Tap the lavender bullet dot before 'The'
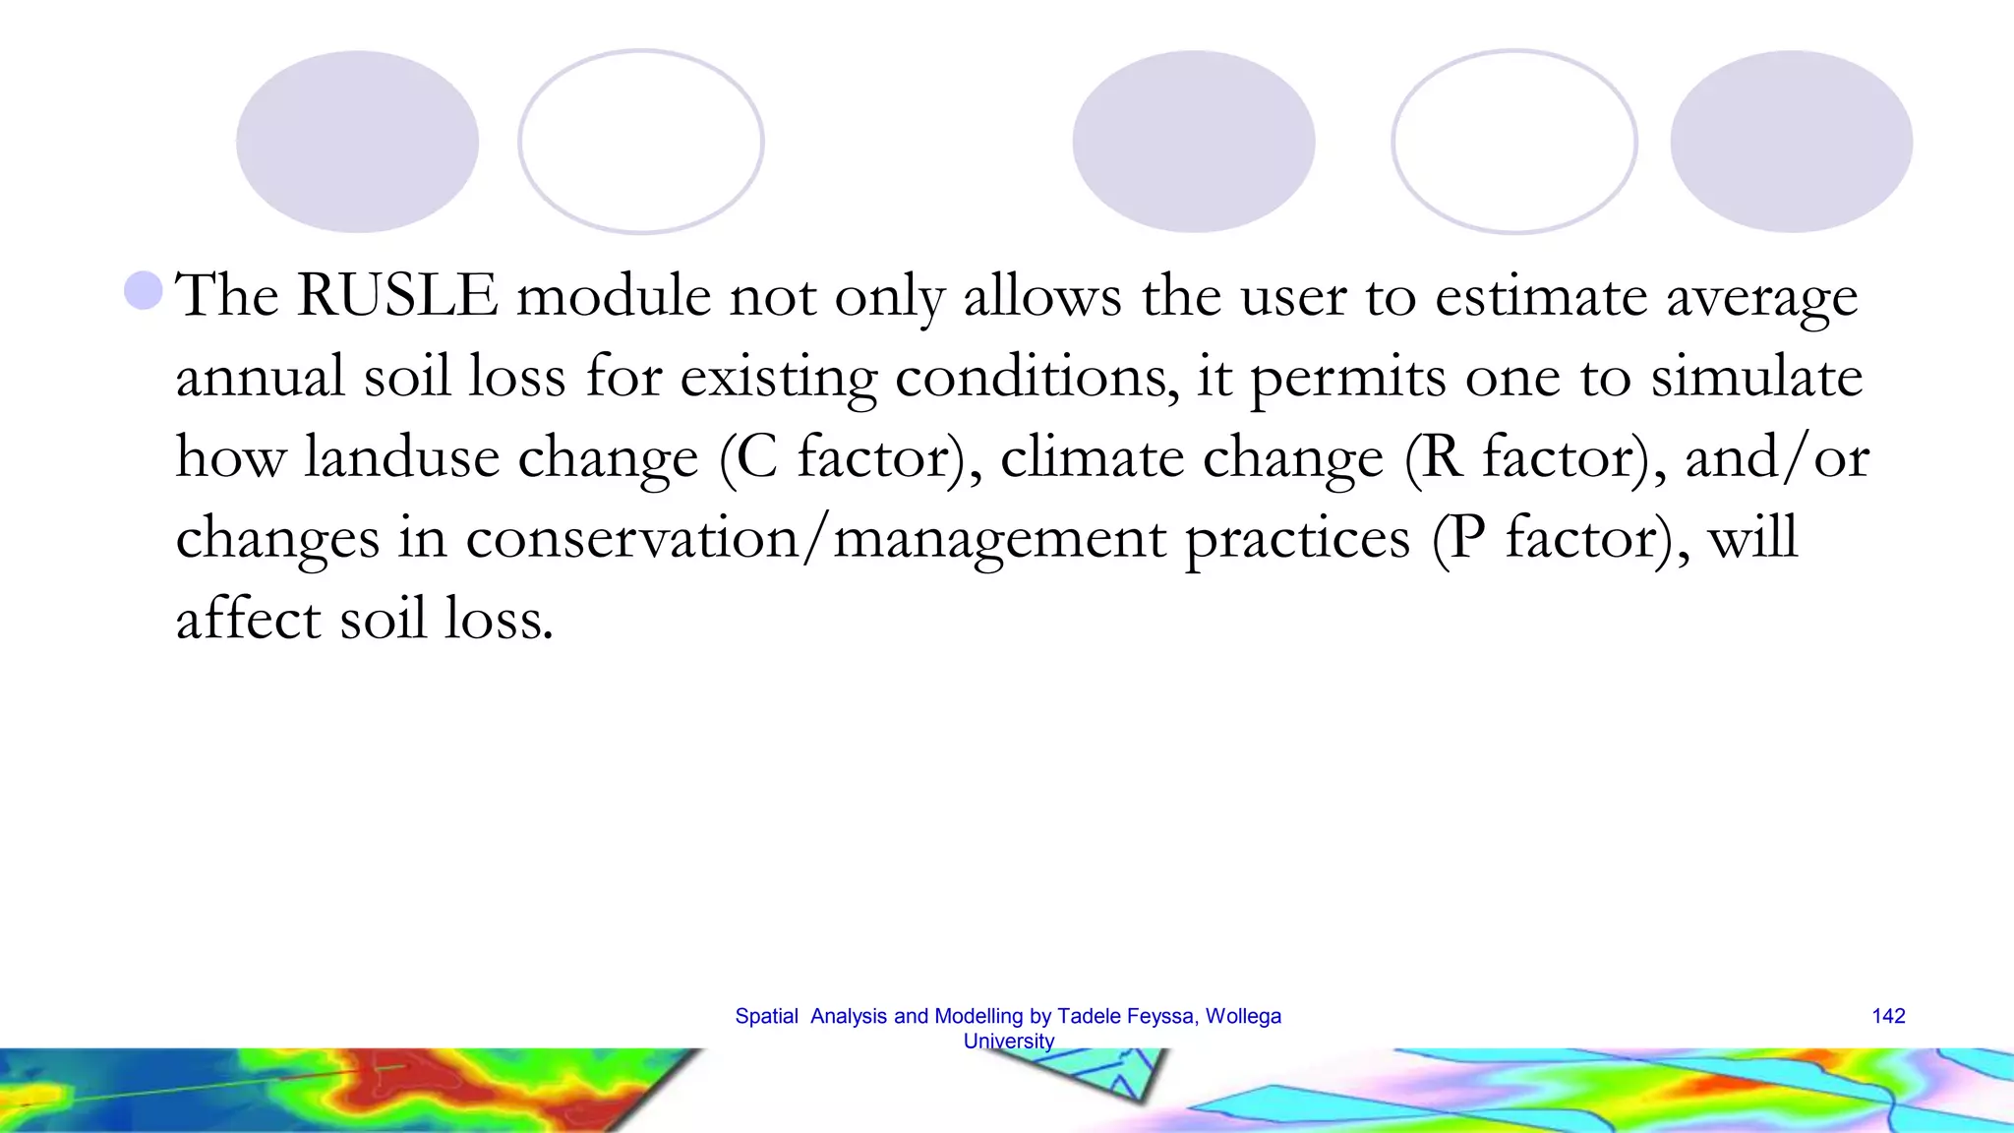point(144,290)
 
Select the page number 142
point(1888,1016)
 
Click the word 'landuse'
point(401,457)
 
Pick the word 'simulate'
point(1756,377)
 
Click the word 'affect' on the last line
point(248,619)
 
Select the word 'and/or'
point(1776,457)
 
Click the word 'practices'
point(1297,538)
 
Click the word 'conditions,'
point(1037,377)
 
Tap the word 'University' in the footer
point(1008,1042)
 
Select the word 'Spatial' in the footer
point(766,1016)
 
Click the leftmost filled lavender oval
point(357,142)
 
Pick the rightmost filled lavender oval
point(1791,142)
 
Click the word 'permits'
point(1348,377)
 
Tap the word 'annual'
point(261,377)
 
